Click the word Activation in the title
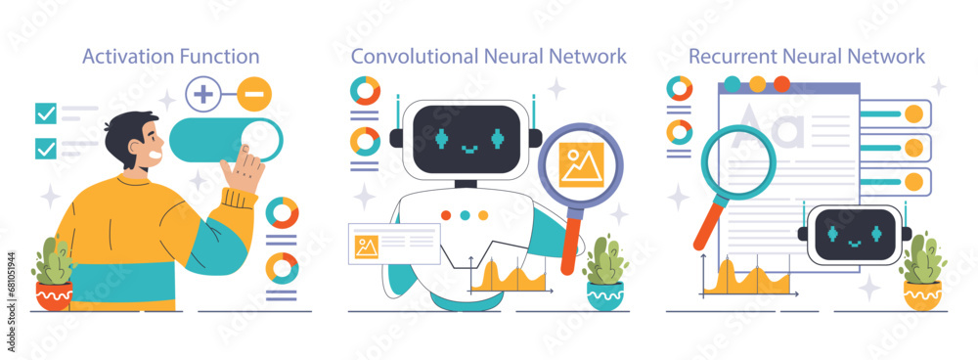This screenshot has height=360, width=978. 124,56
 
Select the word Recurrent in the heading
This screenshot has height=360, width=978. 731,56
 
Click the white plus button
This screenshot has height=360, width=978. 203,95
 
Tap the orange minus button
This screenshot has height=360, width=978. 254,95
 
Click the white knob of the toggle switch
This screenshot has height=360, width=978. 261,138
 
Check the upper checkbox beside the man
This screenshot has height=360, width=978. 45,112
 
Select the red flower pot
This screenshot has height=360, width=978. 53,294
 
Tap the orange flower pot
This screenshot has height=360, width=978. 921,294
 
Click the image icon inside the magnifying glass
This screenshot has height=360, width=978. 581,162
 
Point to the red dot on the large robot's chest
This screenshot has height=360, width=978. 446,214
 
